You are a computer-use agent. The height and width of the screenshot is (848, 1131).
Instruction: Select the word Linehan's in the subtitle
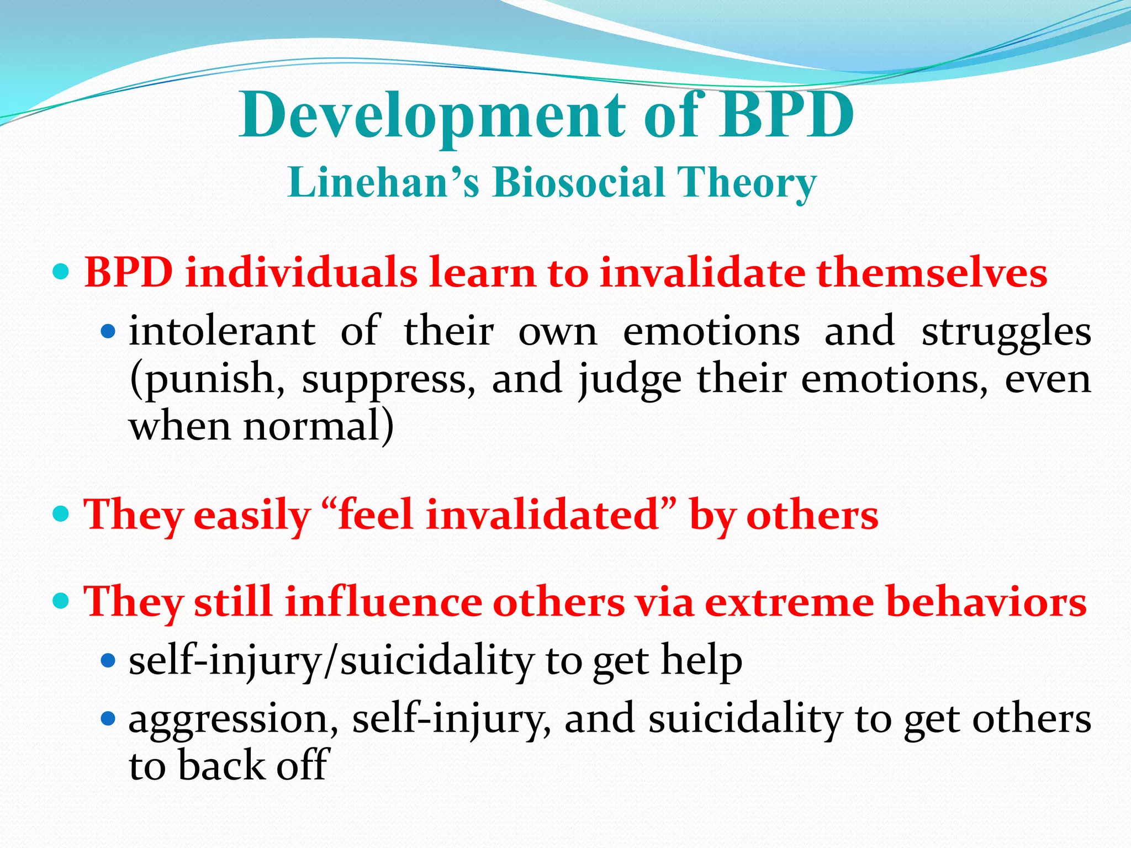tap(383, 182)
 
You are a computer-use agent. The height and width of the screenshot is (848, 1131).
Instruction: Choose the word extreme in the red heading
tap(789, 601)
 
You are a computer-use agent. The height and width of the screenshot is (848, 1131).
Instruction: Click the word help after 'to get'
tap(701, 661)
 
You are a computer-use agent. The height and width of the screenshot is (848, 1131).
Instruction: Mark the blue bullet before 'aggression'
tap(108, 719)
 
